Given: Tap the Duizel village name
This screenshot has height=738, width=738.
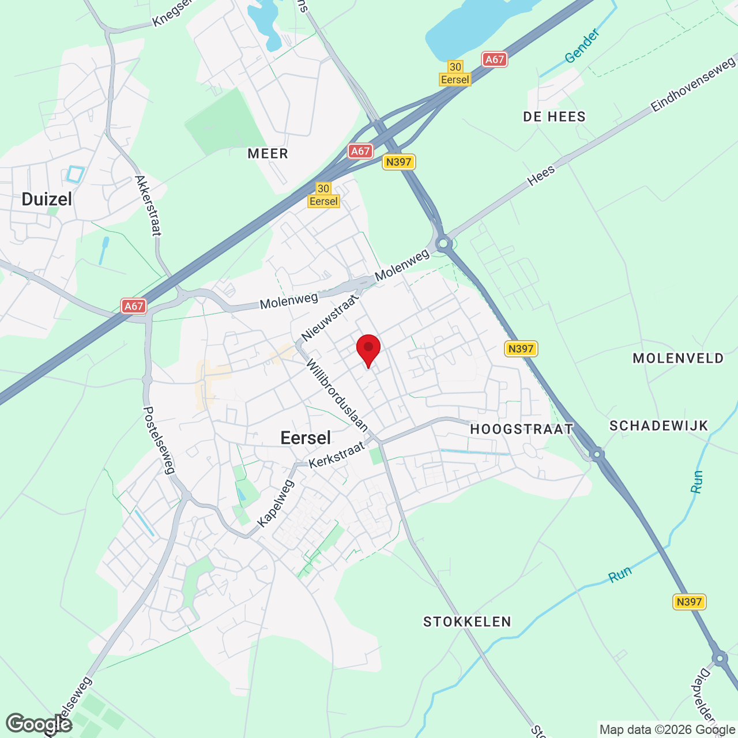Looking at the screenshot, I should click(x=47, y=199).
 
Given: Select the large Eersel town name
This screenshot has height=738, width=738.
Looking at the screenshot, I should click(x=306, y=438).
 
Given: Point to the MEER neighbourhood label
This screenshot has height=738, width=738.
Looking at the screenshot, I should click(x=268, y=154).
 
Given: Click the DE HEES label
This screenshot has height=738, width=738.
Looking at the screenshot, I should click(x=554, y=117).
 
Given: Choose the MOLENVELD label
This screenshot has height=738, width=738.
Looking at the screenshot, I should click(x=678, y=359).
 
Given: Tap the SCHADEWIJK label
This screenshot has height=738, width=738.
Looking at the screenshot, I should click(x=658, y=426).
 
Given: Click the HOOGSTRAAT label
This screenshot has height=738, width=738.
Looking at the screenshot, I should click(x=522, y=429).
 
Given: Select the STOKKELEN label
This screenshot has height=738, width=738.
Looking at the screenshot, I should click(x=467, y=622).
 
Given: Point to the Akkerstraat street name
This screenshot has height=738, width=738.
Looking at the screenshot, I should click(x=148, y=206).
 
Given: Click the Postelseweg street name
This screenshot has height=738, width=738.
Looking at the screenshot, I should click(x=159, y=440).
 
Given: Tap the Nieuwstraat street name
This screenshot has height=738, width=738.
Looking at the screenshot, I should click(x=330, y=317).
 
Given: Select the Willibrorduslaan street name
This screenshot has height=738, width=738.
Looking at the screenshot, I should click(x=337, y=396).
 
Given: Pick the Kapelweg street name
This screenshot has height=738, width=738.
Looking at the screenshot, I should click(x=276, y=503).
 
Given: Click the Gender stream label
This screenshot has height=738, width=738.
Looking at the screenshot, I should click(x=582, y=46).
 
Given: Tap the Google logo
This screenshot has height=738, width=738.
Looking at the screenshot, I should click(x=39, y=724).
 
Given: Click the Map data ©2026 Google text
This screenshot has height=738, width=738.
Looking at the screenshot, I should click(x=667, y=729).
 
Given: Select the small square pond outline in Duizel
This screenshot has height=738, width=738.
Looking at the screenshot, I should click(x=76, y=174).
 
